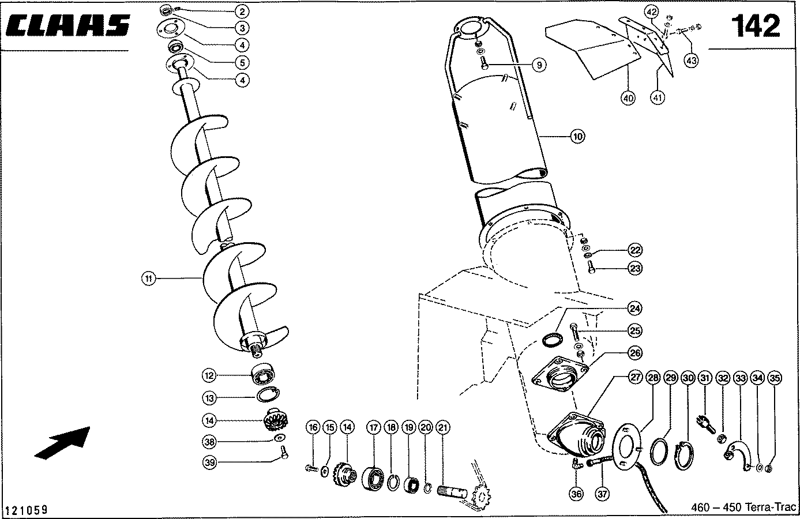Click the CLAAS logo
click(x=67, y=26)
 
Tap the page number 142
click(x=756, y=27)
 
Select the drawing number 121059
click(x=26, y=510)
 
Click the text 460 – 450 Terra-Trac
click(x=743, y=507)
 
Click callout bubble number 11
click(x=149, y=279)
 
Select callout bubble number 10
click(x=577, y=137)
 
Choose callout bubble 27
click(x=635, y=378)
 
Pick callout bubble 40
click(x=628, y=98)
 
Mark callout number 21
click(x=444, y=427)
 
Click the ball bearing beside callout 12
click(x=265, y=375)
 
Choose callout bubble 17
click(x=374, y=427)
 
